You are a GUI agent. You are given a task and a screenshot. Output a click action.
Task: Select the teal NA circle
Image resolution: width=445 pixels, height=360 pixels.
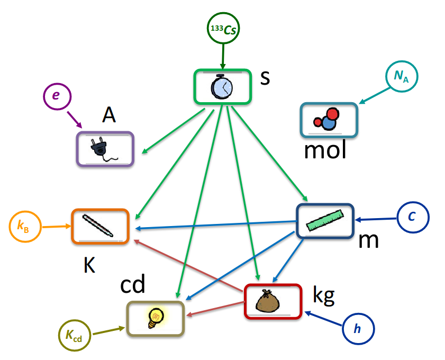click(x=402, y=77)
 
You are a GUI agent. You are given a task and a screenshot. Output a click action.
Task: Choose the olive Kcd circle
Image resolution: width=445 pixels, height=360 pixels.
click(x=74, y=335)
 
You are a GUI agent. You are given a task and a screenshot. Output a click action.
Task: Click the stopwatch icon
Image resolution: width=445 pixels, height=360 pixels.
click(x=222, y=86)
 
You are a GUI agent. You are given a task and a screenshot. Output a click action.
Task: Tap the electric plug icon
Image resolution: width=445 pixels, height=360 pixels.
click(x=105, y=149)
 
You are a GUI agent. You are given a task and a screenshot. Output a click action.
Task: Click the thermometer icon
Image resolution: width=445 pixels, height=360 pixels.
click(x=99, y=226)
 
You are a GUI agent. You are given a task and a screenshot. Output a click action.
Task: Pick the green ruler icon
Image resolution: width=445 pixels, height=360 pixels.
click(x=325, y=220)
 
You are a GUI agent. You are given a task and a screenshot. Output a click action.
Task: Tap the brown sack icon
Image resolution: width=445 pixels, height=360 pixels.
click(x=273, y=301)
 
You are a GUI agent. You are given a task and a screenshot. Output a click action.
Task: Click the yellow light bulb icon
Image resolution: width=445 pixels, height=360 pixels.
click(x=156, y=317)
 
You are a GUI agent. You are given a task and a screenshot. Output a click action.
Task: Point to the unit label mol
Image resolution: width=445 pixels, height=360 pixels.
click(x=325, y=151)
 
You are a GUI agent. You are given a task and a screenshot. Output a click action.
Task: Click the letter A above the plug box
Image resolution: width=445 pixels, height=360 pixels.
click(x=110, y=115)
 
